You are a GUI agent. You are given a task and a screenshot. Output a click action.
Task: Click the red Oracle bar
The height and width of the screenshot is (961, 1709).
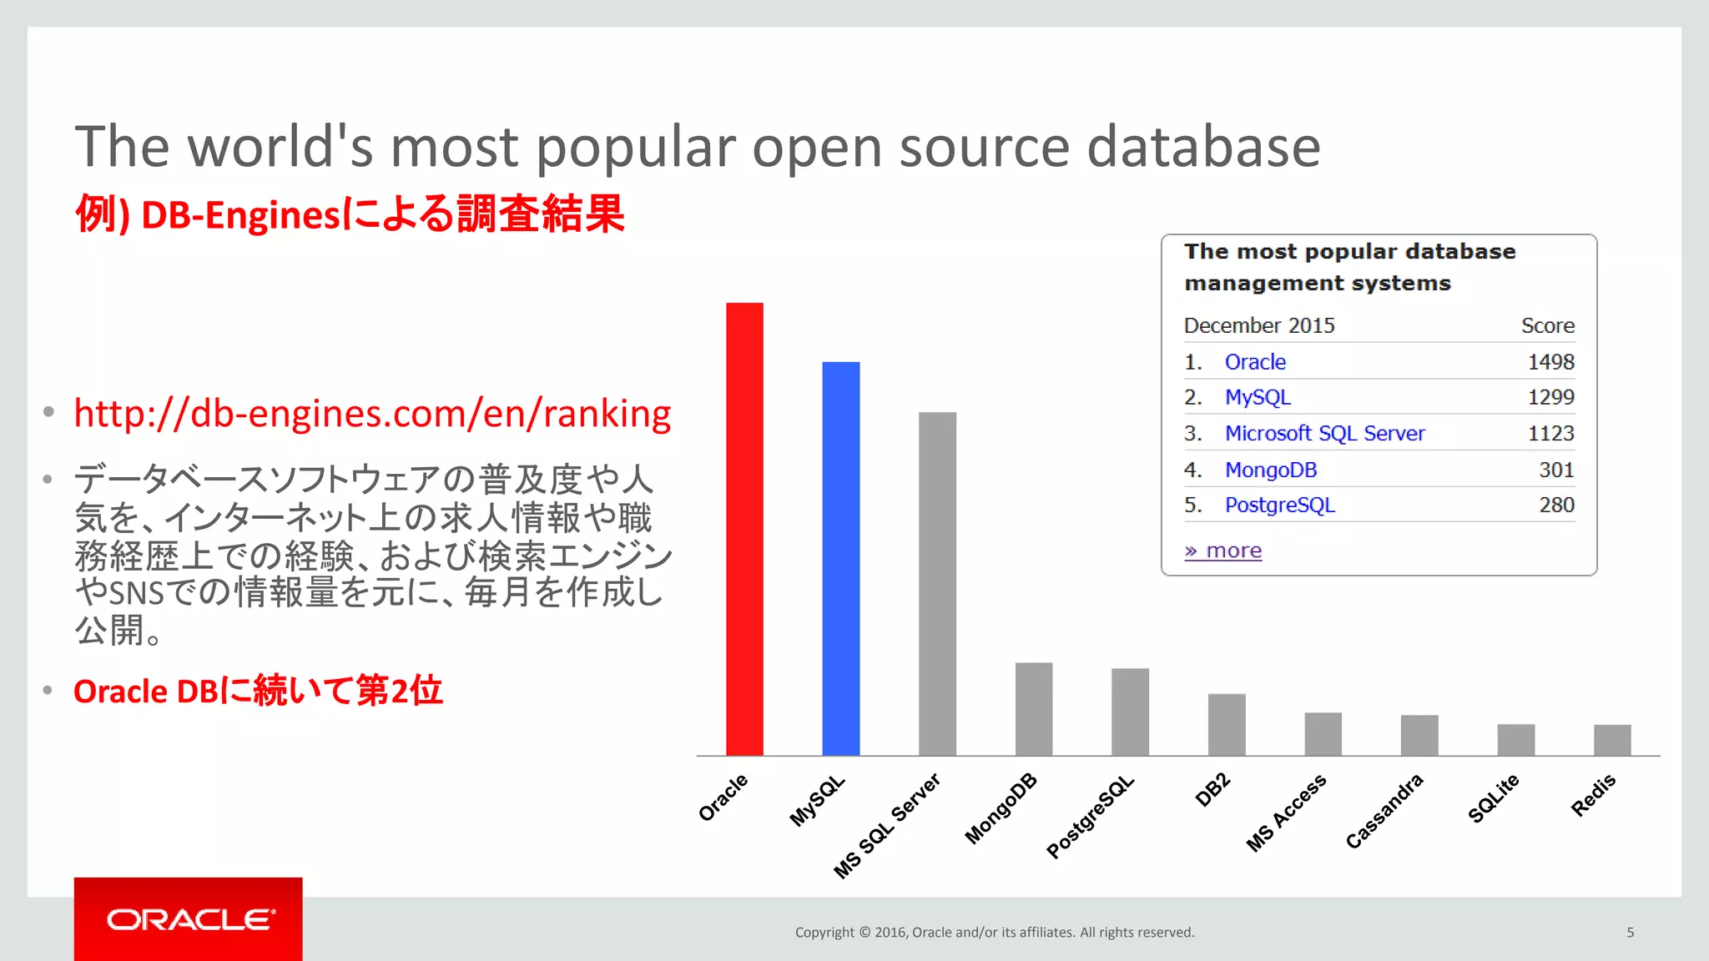(744, 529)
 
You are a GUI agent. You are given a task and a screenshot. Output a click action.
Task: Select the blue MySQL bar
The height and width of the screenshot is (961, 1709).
(840, 558)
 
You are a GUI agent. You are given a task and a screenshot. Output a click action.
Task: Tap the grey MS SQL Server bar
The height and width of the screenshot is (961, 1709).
(937, 583)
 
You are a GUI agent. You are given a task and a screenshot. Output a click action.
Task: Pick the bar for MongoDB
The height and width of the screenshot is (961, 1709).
(1033, 708)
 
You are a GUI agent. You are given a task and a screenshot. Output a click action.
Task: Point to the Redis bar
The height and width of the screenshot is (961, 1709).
(1611, 739)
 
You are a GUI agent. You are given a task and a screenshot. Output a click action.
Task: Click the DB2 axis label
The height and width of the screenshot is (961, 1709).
(1212, 789)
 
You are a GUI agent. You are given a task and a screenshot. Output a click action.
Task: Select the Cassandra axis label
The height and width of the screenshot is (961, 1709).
(1384, 811)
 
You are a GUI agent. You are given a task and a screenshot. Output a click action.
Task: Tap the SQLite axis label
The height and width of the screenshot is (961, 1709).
(1494, 797)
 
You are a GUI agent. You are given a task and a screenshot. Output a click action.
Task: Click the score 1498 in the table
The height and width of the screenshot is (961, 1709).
(1550, 362)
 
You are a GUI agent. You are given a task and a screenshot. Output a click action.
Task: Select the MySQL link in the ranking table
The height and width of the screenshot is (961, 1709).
(1258, 397)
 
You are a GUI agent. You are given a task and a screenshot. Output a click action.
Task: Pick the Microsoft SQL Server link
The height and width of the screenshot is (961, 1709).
(1324, 434)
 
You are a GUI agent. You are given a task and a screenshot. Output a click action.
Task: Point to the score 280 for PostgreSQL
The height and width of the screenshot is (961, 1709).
(1556, 505)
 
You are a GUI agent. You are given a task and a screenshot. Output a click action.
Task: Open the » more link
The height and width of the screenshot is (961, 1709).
(1223, 551)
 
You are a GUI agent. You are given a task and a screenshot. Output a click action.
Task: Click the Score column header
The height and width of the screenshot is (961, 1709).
(1547, 325)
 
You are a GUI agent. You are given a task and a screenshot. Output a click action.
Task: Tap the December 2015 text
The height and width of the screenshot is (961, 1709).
(1259, 325)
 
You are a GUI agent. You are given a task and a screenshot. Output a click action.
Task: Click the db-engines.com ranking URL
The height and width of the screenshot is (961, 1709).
(372, 414)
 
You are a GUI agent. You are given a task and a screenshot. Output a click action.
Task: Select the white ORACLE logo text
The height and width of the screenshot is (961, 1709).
(190, 919)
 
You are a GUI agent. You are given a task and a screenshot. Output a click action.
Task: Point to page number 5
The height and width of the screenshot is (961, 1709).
(1630, 933)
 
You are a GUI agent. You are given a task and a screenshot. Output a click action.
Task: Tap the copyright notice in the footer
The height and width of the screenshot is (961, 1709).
(995, 933)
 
